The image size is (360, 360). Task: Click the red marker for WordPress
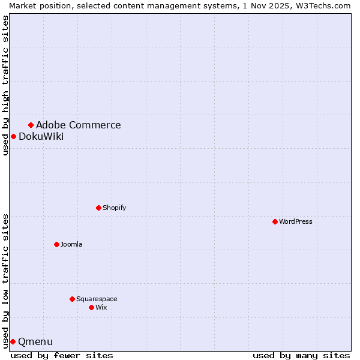coord(275,221)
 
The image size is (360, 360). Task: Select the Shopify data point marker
coord(99,208)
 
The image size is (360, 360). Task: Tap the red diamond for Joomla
coord(57,244)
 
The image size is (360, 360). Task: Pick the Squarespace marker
coord(73,299)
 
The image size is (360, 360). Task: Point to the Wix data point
coord(92,307)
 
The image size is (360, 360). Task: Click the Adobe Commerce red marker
coord(31,125)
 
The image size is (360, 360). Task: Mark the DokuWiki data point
coord(13,136)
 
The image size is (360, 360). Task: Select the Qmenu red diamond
coord(13,341)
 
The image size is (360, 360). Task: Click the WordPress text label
coord(296,221)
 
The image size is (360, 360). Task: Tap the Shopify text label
coord(114,208)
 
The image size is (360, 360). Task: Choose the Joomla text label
coord(71,244)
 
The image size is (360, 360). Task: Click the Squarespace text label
coord(97,299)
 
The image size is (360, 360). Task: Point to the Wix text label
coord(101,307)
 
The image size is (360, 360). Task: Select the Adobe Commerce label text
coord(78,125)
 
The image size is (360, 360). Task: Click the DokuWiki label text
coord(41,136)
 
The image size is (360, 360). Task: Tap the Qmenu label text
coord(35,341)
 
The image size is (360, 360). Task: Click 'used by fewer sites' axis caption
coord(62,355)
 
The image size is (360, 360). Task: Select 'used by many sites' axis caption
coord(301,355)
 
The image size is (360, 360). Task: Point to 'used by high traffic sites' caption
coord(5,85)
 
